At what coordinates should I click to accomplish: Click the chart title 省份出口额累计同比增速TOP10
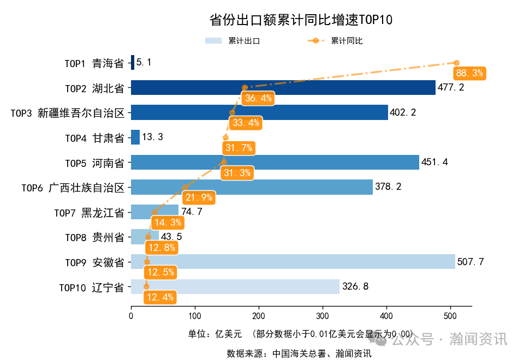click(x=301, y=20)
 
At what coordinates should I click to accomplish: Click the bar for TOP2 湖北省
click(x=283, y=87)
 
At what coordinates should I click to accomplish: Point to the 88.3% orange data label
click(x=469, y=73)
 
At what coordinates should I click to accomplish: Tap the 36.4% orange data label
click(x=258, y=98)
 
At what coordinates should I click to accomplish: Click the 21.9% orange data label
click(x=199, y=197)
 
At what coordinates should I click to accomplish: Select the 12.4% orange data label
click(x=160, y=297)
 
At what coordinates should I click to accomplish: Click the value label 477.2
click(x=451, y=87)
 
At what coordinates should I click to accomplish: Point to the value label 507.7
click(x=471, y=262)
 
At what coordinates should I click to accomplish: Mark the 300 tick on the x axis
click(x=323, y=316)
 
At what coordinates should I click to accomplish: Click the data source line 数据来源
click(x=299, y=353)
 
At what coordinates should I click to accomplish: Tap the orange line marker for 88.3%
click(x=456, y=63)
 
